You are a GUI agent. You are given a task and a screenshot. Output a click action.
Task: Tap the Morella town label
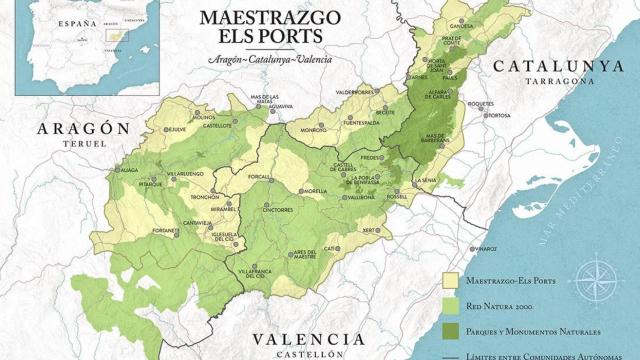[315, 191]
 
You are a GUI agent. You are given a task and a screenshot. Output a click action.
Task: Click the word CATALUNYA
[556, 67]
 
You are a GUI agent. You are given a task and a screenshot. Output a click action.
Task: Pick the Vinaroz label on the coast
[486, 248]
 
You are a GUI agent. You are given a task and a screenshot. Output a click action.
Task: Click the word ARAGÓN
[84, 129]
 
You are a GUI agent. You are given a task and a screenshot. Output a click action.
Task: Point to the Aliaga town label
[128, 171]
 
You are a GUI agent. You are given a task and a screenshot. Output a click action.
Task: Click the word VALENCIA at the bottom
[309, 339]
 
